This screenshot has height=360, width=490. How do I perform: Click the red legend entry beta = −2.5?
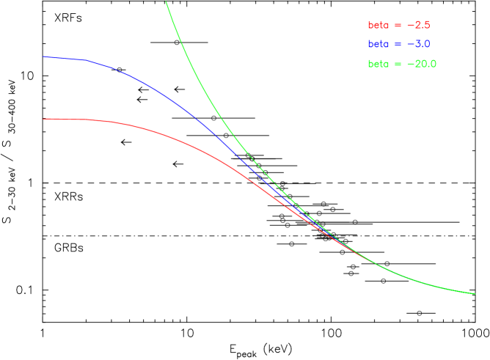coord(398,25)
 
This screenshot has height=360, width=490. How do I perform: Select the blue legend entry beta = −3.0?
coord(398,44)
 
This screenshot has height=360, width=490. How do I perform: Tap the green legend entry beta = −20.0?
coord(402,64)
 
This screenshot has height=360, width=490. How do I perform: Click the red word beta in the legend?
coord(379,25)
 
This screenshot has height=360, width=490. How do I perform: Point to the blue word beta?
coord(379,44)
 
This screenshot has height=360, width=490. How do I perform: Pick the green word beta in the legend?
coord(379,64)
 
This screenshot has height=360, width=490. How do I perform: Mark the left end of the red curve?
coord(44,119)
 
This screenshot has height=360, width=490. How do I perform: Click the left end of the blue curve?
coord(44,56)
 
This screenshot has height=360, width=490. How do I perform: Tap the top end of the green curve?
coord(166,1)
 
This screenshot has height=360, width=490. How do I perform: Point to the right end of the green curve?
coord(475,293)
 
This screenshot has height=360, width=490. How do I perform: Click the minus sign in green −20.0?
coord(409,65)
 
